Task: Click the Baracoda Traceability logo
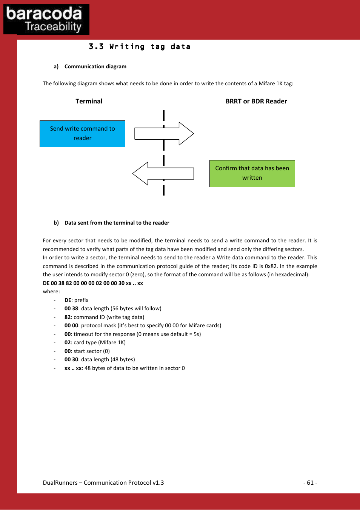pyautogui.click(x=46, y=19)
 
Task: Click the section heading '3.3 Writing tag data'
pyautogui.click(x=140, y=47)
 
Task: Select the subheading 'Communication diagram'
pyautogui.click(x=95, y=66)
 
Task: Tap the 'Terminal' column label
pyautogui.click(x=89, y=101)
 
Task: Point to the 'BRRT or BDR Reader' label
pyautogui.click(x=256, y=101)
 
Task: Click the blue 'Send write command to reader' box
pyautogui.click(x=82, y=134)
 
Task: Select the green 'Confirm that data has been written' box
pyautogui.click(x=252, y=173)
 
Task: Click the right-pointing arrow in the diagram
pyautogui.click(x=164, y=134)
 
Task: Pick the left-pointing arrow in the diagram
pyautogui.click(x=163, y=174)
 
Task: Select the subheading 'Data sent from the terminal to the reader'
pyautogui.click(x=117, y=223)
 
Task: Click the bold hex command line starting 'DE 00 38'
pyautogui.click(x=93, y=283)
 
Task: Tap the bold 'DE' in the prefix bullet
pyautogui.click(x=68, y=300)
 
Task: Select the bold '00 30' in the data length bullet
pyautogui.click(x=71, y=359)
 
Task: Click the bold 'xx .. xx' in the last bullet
pyautogui.click(x=73, y=368)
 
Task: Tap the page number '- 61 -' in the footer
pyautogui.click(x=310, y=482)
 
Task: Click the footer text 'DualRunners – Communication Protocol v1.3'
pyautogui.click(x=103, y=482)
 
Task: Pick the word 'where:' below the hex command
pyautogui.click(x=51, y=291)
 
